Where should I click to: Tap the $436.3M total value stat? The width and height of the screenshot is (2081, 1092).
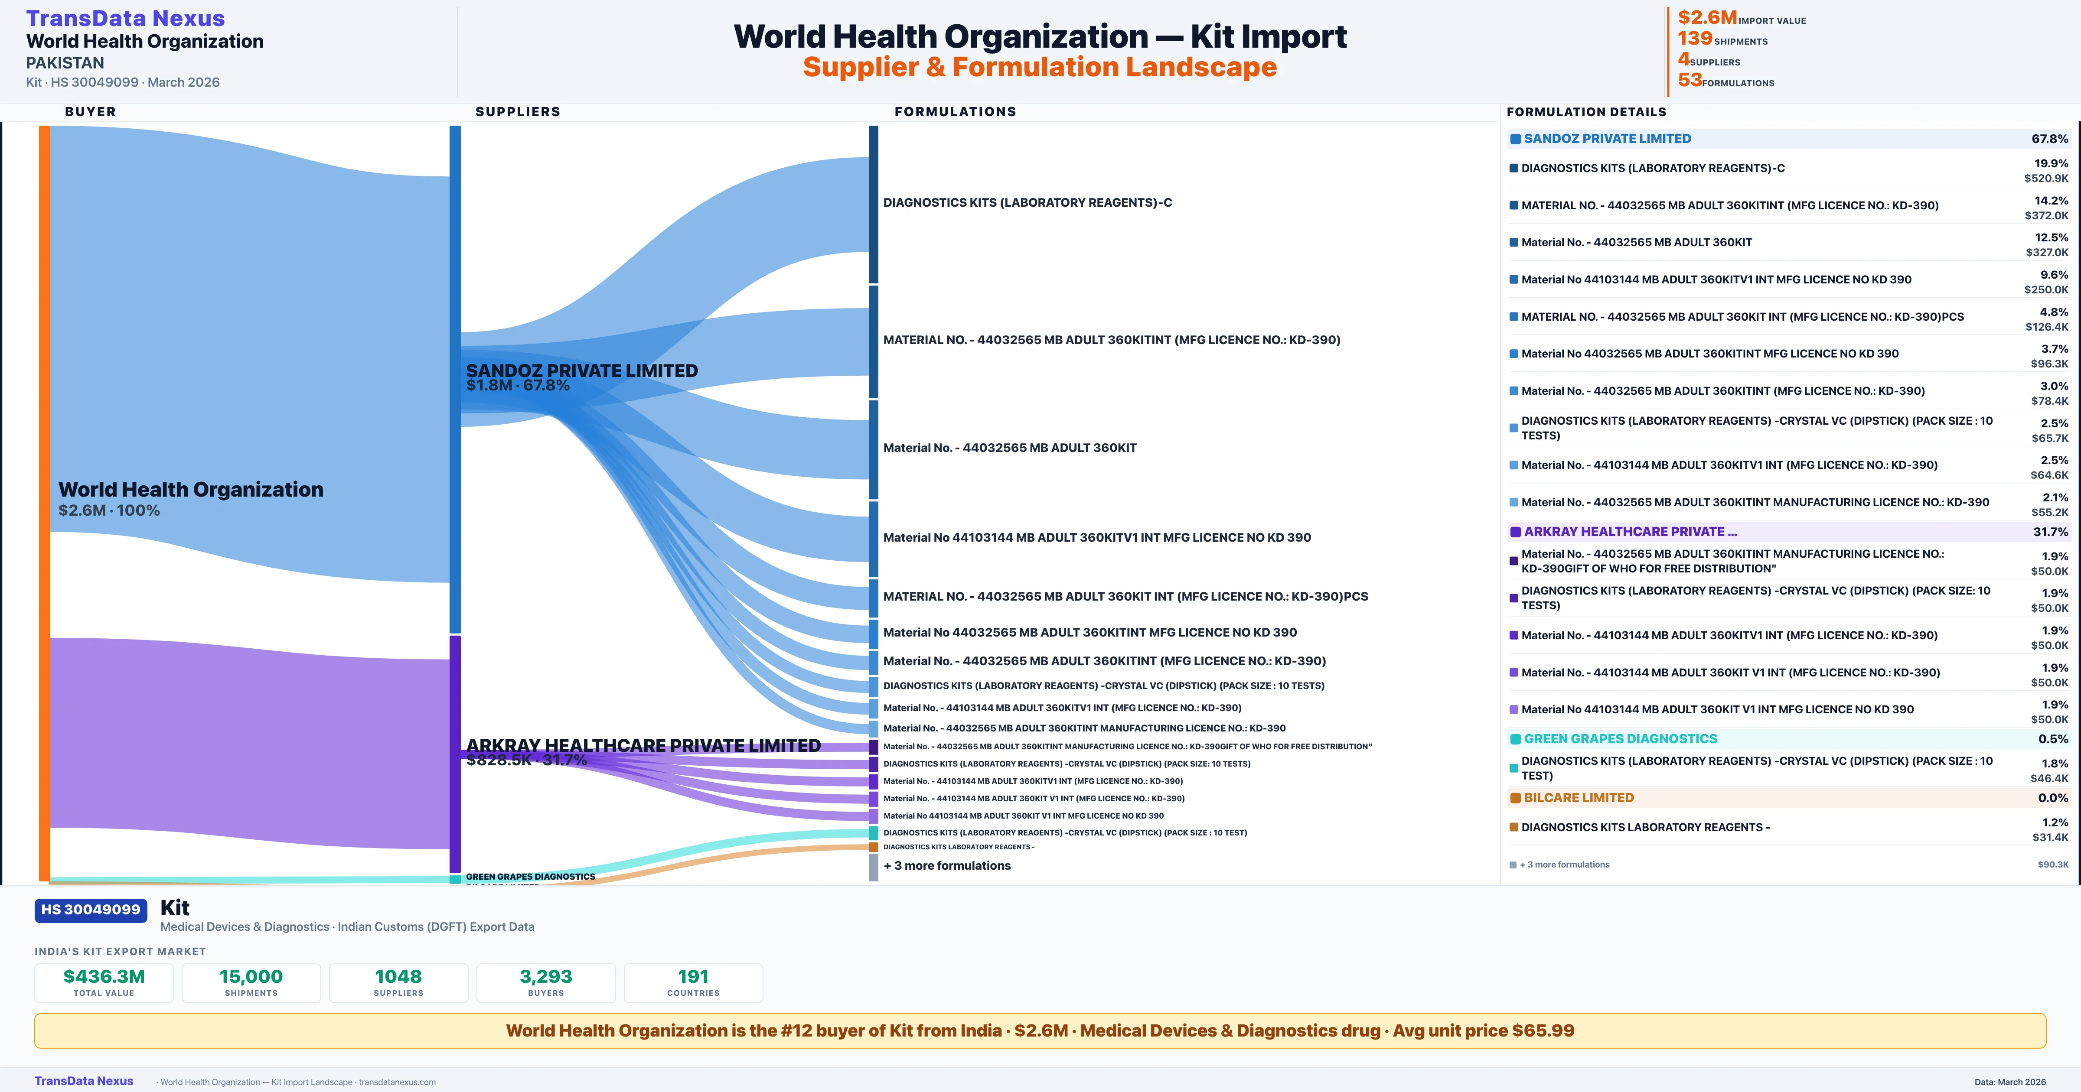click(x=104, y=976)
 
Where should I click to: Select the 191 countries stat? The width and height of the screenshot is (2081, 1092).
click(x=693, y=976)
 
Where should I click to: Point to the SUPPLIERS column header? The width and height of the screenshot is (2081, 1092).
click(x=518, y=111)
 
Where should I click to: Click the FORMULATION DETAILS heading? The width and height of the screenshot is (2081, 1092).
click(x=1586, y=111)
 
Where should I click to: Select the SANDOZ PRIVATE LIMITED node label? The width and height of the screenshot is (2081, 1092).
click(x=582, y=371)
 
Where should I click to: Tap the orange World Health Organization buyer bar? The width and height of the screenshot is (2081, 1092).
click(x=44, y=501)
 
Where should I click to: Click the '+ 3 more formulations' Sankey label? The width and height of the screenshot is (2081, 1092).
click(x=947, y=865)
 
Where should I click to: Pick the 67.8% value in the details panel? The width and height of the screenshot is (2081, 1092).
click(x=2049, y=139)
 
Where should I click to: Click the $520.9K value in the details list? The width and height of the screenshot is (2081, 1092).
click(x=2046, y=179)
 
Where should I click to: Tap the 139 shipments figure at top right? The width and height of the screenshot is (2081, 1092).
click(x=1695, y=39)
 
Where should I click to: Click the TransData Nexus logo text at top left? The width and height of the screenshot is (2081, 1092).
click(x=125, y=18)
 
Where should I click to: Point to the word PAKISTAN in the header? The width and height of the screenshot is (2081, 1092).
click(x=65, y=62)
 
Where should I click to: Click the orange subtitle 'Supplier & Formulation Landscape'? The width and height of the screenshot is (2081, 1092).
click(x=1040, y=67)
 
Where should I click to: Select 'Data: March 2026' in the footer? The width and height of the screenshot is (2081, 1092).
click(x=2010, y=1082)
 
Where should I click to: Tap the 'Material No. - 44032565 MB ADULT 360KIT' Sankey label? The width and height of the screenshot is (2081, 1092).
click(x=1010, y=448)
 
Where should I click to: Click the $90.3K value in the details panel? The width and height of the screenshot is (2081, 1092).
click(x=2053, y=865)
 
